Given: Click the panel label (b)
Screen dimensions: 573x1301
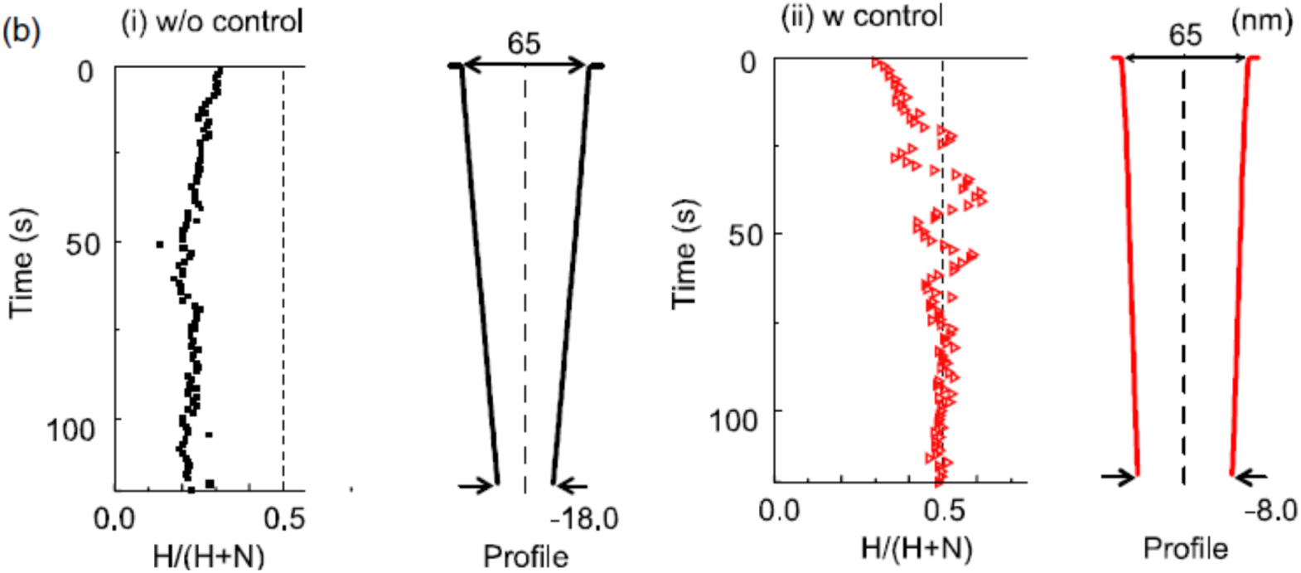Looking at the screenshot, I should (22, 31).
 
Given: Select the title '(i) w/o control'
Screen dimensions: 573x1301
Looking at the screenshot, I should (211, 21).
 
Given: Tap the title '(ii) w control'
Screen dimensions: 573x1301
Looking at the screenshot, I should (861, 17).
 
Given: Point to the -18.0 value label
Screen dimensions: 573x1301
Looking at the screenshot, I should (583, 519).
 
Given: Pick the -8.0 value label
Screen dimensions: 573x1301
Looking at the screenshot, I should (1270, 510).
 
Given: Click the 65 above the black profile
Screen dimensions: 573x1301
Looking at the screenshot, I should (524, 43).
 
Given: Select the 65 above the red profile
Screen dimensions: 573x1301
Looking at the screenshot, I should (1185, 35).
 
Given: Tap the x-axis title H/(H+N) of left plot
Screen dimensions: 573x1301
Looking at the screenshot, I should (209, 556).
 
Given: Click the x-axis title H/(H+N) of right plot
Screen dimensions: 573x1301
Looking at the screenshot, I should (917, 547).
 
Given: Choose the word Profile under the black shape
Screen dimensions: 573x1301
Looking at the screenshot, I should (525, 556).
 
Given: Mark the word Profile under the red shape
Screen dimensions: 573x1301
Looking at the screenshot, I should (1185, 547).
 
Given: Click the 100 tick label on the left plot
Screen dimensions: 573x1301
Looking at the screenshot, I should (71, 430).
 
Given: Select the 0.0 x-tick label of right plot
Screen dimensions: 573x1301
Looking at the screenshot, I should (780, 509).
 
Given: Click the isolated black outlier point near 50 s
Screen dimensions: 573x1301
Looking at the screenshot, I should (160, 245).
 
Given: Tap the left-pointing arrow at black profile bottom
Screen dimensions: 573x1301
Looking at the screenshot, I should (573, 487).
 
